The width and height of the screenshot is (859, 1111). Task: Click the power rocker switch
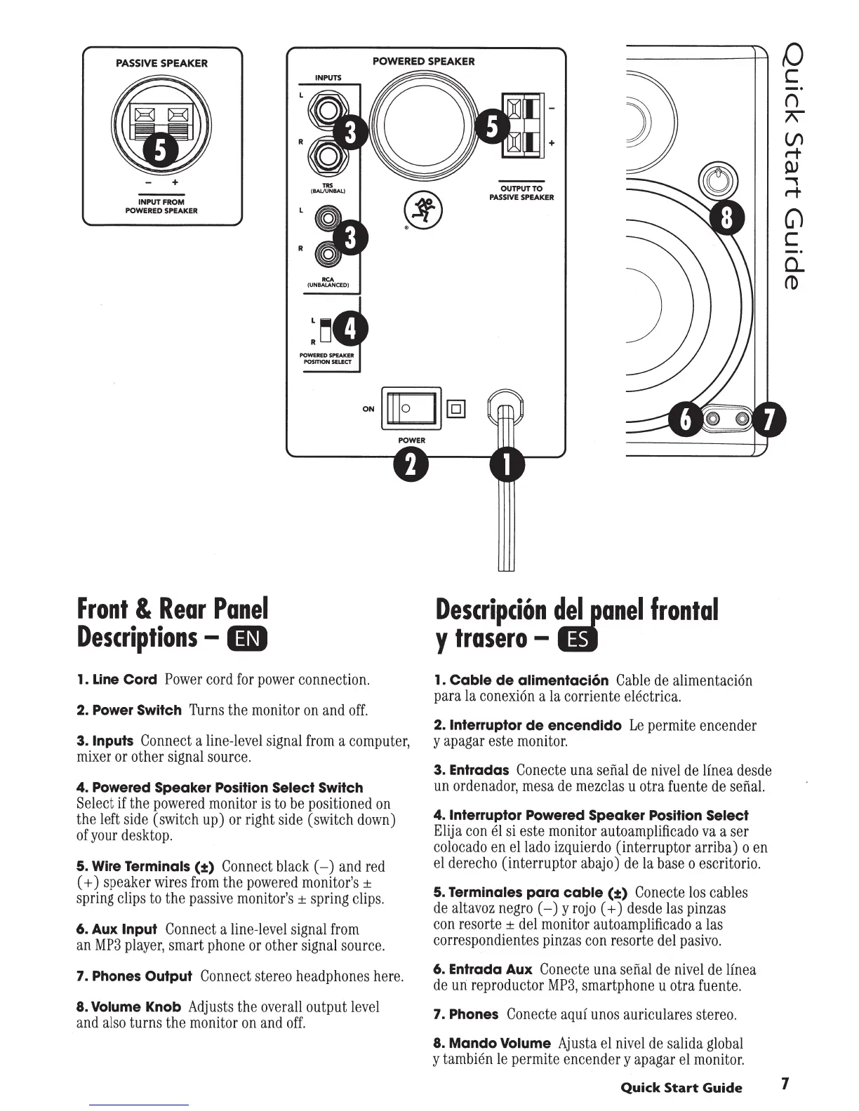[410, 408]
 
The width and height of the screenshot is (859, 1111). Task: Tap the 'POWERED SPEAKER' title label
[423, 61]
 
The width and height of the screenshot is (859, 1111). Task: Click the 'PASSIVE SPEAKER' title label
[161, 63]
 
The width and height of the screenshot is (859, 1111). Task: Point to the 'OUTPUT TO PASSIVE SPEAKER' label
[521, 193]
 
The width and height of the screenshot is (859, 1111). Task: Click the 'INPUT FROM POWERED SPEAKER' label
[161, 206]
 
